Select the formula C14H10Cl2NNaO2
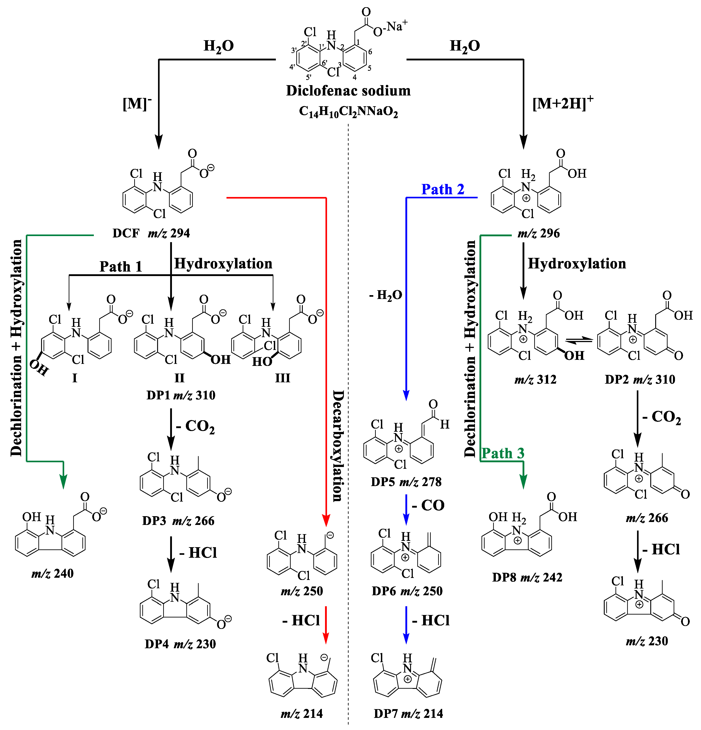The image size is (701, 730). tap(348, 111)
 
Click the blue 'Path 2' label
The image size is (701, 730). tap(443, 189)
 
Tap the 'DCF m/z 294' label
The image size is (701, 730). tap(151, 233)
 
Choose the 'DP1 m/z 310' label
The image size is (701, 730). tap(181, 395)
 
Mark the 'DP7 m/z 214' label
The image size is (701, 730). tap(408, 714)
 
